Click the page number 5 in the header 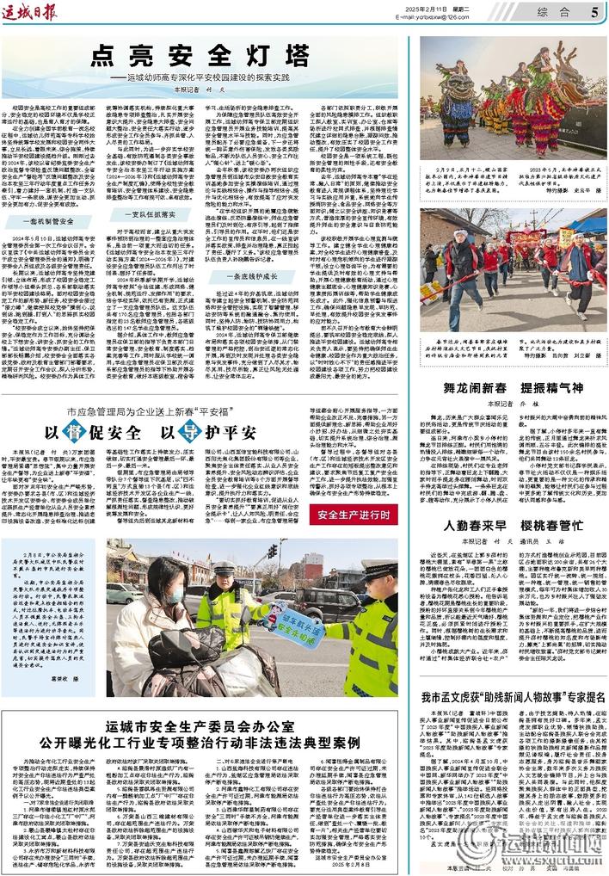[x=596, y=12]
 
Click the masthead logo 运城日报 [x=32, y=11]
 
